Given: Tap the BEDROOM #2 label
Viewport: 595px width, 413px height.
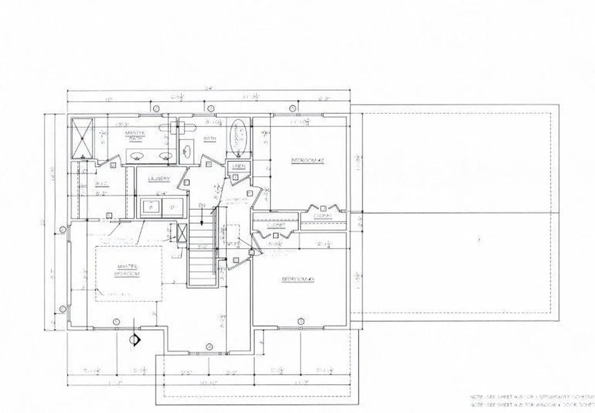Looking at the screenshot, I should pyautogui.click(x=307, y=160).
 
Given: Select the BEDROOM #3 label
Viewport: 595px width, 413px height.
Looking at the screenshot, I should pyautogui.click(x=298, y=279).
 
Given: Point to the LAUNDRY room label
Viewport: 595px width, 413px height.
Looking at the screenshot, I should pyautogui.click(x=159, y=179).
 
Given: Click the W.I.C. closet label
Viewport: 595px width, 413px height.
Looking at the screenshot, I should pyautogui.click(x=101, y=184).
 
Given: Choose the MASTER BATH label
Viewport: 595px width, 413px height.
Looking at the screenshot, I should pyautogui.click(x=135, y=136).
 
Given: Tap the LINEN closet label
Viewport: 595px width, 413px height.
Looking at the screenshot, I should pyautogui.click(x=239, y=167).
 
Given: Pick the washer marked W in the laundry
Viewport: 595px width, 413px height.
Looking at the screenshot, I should pyautogui.click(x=151, y=208).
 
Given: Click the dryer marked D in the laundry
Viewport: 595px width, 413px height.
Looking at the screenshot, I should pyautogui.click(x=173, y=208).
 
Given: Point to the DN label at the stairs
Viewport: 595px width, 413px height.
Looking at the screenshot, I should pyautogui.click(x=202, y=205).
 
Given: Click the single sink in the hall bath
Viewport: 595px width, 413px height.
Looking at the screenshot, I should pyautogui.click(x=187, y=151).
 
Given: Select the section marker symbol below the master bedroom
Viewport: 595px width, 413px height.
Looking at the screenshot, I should pyautogui.click(x=135, y=340).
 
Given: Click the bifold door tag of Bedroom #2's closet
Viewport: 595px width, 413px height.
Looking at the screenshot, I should pyautogui.click(x=323, y=208).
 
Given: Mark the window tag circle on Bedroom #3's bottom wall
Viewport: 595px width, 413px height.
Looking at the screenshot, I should pyautogui.click(x=300, y=321).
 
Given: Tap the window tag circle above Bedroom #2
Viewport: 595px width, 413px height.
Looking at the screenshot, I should pyautogui.click(x=292, y=108).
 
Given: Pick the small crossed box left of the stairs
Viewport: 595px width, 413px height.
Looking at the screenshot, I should pyautogui.click(x=182, y=232).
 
